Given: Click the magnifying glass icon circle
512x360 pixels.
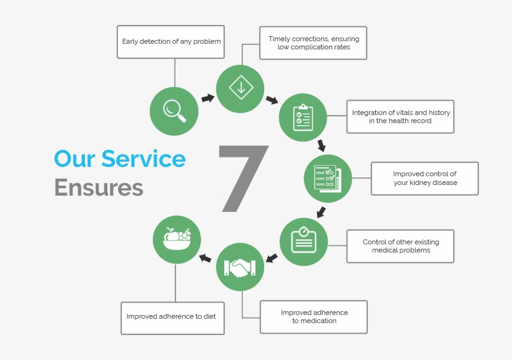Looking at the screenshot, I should tap(174, 111).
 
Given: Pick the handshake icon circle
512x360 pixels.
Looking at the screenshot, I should tap(240, 267).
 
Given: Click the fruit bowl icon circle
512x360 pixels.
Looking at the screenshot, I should tap(177, 239).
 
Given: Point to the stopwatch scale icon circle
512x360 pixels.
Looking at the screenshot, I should tap(303, 241).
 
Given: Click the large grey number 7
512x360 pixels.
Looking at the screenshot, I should tap(242, 177).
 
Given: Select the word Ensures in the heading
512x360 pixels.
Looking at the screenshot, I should tap(99, 187).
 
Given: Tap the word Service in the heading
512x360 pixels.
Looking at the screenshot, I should tap(143, 159).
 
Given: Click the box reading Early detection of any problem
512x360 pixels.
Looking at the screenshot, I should tap(171, 42).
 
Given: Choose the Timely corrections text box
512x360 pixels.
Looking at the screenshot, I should tap(313, 43).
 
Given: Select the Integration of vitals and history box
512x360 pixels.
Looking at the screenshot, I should tap(400, 117).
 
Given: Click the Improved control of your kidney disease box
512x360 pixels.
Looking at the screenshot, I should tap(425, 179).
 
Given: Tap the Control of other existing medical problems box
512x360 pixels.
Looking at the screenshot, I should tap(400, 246).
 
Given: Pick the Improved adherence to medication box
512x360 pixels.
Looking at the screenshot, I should tap(313, 317).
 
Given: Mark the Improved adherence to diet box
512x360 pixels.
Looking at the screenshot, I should tap(172, 317).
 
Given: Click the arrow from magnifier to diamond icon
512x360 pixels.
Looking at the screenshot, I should tap(207, 98).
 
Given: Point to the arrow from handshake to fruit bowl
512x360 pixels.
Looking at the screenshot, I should tap(205, 257).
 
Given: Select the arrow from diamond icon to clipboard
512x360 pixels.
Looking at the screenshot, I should tap(272, 100).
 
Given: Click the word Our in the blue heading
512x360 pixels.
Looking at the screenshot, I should tap(74, 159).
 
